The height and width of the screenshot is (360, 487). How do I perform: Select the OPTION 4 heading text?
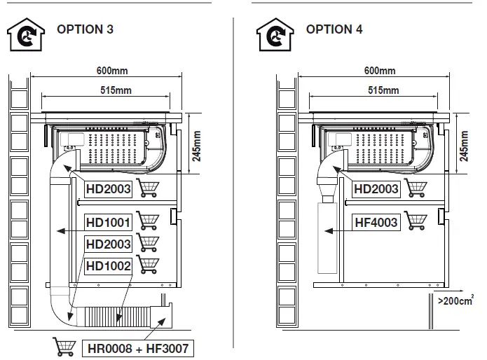tap(335, 29)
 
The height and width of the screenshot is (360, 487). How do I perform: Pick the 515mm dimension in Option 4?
tap(383, 90)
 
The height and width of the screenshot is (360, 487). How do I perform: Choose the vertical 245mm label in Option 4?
tap(464, 144)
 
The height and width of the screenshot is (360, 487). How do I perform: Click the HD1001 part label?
tap(108, 223)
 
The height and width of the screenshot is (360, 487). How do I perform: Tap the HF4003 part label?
tap(376, 223)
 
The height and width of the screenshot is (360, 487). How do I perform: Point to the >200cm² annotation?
tap(455, 302)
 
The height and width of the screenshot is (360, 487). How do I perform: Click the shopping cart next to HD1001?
tap(146, 222)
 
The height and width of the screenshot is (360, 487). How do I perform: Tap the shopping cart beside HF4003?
tap(414, 222)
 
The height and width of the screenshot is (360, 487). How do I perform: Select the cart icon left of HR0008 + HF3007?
tap(64, 346)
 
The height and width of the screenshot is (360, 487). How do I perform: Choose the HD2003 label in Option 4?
tap(376, 188)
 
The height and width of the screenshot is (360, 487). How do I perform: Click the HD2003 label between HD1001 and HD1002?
tap(108, 244)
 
